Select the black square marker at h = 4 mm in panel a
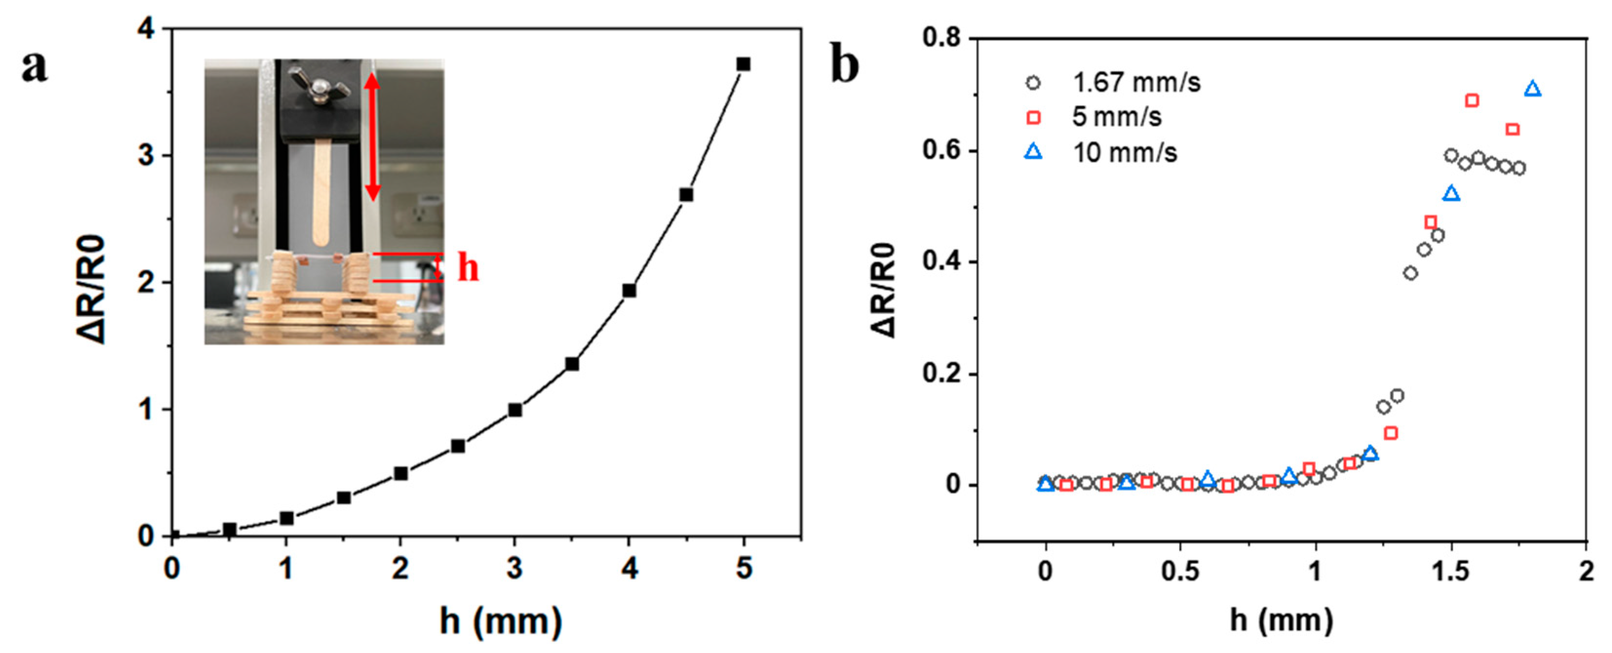629,291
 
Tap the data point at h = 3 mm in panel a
515,410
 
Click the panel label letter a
35,66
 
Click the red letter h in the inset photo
468,268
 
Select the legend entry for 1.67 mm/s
1114,82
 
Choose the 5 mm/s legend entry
1095,117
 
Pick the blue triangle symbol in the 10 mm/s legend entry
1033,152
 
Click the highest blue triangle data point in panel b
1532,90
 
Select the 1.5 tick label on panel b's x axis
1451,572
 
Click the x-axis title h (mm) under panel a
500,622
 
